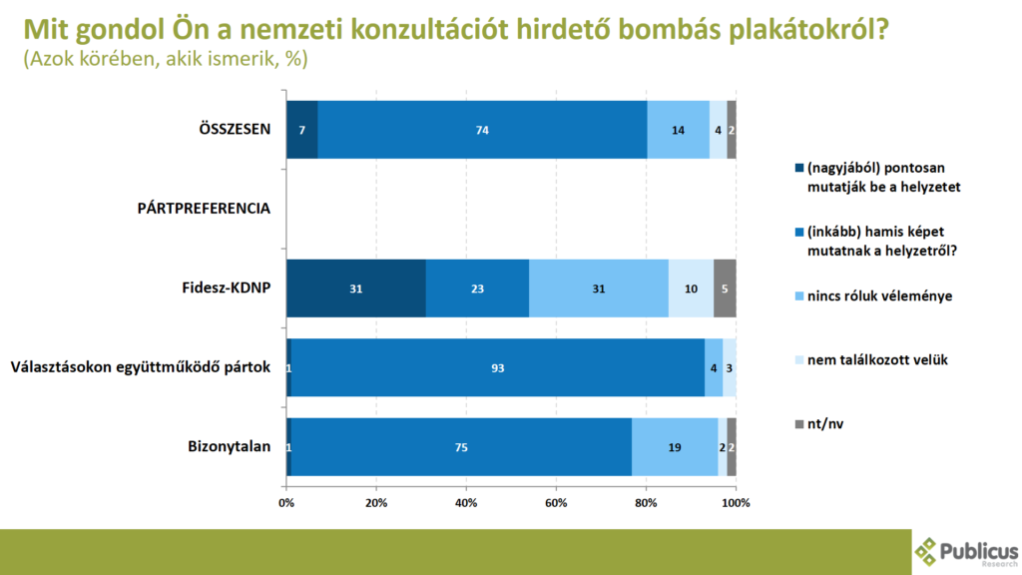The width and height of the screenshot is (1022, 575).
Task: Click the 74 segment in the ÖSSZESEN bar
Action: pyautogui.click(x=482, y=130)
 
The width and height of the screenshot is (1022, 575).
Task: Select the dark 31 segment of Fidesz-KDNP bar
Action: pyautogui.click(x=355, y=288)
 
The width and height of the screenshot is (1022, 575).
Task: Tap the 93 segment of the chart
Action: pyautogui.click(x=497, y=367)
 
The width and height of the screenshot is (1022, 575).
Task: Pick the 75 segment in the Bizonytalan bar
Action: pyautogui.click(x=461, y=447)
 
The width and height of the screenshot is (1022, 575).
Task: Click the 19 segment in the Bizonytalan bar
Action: pyautogui.click(x=675, y=447)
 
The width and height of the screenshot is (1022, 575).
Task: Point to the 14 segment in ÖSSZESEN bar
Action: pyautogui.click(x=678, y=130)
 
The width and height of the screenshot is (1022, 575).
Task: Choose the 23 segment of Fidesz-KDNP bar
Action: pyautogui.click(x=477, y=288)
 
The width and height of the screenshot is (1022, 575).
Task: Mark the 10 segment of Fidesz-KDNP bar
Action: pyautogui.click(x=691, y=288)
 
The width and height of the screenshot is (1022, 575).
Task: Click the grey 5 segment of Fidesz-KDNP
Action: pyautogui.click(x=725, y=288)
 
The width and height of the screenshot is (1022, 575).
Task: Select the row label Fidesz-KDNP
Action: pyautogui.click(x=225, y=288)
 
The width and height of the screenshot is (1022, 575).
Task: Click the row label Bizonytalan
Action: pyautogui.click(x=230, y=447)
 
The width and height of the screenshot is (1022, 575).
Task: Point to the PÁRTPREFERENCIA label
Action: pyautogui.click(x=204, y=209)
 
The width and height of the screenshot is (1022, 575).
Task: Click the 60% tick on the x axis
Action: pyautogui.click(x=556, y=502)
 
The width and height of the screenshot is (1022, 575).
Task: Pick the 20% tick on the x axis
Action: pyautogui.click(x=376, y=502)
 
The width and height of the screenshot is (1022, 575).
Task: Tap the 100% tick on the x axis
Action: pyautogui.click(x=736, y=502)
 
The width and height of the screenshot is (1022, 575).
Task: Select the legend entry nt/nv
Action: pyautogui.click(x=824, y=425)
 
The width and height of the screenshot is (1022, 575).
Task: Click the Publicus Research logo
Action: pyautogui.click(x=966, y=552)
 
